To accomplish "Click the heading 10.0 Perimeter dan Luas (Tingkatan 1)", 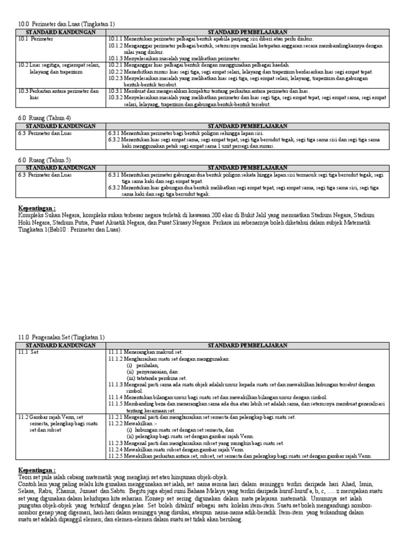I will [x=66, y=24].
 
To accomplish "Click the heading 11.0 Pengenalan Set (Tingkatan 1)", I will [x=62, y=337].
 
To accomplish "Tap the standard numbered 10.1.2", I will [x=118, y=46].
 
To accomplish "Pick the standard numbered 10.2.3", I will [x=119, y=78].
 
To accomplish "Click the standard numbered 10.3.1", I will [x=119, y=91].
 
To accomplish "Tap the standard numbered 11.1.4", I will [x=119, y=397].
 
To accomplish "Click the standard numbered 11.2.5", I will [x=119, y=456].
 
